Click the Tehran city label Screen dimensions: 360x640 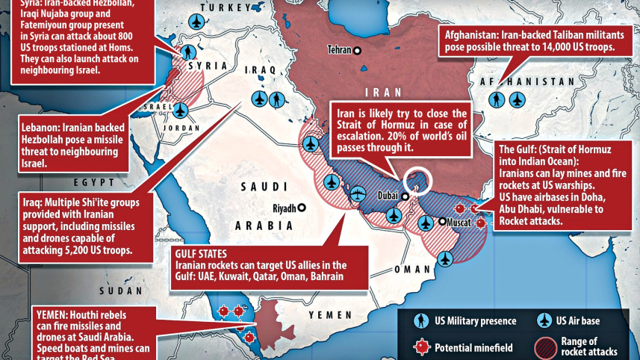coord(340,50)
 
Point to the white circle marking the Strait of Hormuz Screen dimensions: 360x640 coord(417,181)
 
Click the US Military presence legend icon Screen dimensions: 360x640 coord(421,321)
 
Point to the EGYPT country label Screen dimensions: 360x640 coord(93,181)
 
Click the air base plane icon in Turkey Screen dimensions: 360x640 coord(197,20)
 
